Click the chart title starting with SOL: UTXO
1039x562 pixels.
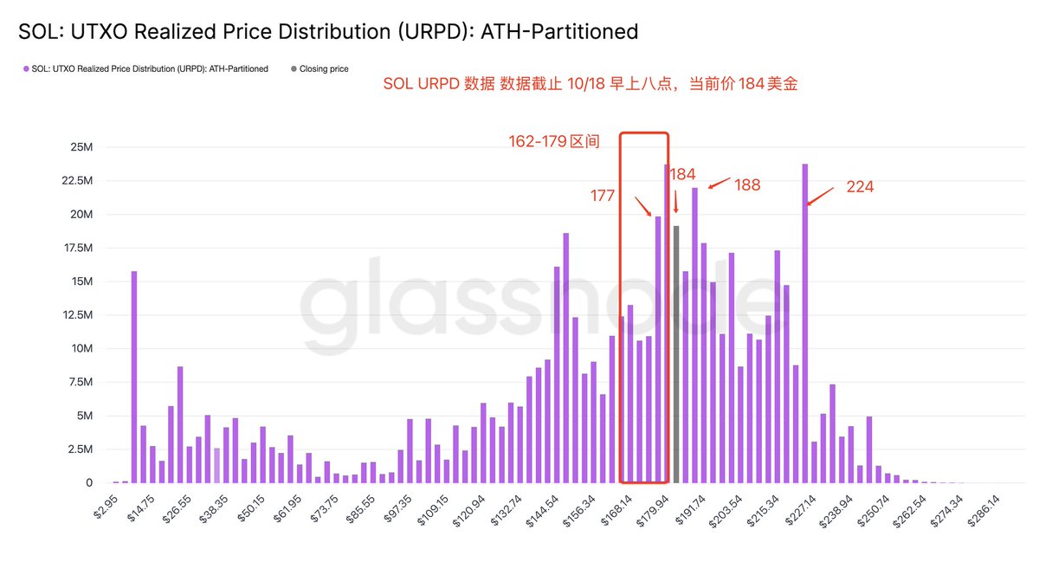click(328, 32)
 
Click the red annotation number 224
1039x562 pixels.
click(860, 186)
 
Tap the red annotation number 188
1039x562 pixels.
click(747, 184)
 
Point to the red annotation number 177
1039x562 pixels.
click(603, 196)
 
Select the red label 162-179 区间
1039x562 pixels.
click(554, 140)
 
